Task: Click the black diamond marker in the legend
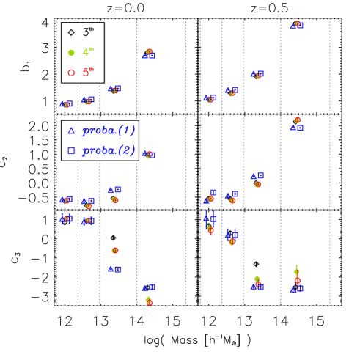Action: click(71, 32)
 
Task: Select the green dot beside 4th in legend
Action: click(71, 52)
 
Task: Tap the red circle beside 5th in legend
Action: click(71, 72)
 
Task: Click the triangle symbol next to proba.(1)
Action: click(71, 131)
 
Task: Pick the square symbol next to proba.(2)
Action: click(71, 150)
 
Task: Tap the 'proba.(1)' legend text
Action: click(109, 131)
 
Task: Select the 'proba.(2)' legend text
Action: click(109, 150)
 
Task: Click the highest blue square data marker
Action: click(300, 26)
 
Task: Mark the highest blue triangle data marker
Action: click(293, 26)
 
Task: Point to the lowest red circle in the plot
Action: click(150, 302)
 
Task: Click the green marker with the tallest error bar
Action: click(296, 271)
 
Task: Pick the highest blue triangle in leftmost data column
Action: click(62, 104)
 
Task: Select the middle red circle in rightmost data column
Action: click(297, 120)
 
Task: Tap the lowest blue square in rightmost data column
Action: click(300, 288)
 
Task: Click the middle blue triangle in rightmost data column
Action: click(293, 127)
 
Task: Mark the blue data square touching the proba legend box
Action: click(152, 155)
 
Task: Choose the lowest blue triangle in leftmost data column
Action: click(62, 218)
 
